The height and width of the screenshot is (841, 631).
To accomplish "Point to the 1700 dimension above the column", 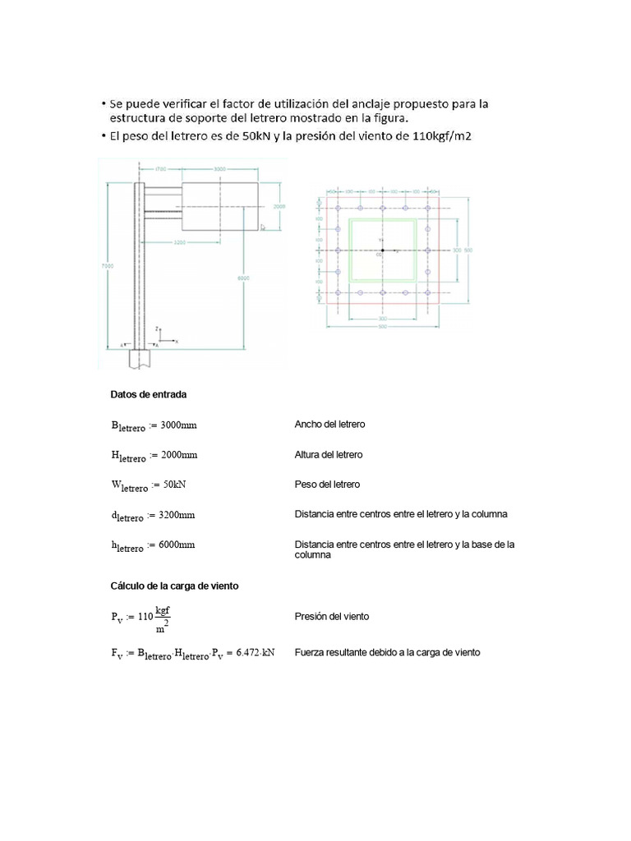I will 160,168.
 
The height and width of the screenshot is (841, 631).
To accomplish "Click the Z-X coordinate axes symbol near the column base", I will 164,336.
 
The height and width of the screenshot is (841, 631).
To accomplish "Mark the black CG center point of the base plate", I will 382,250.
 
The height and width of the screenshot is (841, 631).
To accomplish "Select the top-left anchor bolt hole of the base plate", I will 338,209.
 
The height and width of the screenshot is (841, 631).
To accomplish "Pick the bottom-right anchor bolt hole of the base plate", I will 427,292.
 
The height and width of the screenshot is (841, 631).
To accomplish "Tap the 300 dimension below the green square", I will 382,317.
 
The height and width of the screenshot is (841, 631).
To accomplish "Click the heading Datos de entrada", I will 149,394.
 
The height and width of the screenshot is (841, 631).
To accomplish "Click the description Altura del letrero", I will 329,454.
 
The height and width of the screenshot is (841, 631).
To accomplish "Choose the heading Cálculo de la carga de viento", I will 174,586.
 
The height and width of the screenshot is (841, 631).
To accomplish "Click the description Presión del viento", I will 331,616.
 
